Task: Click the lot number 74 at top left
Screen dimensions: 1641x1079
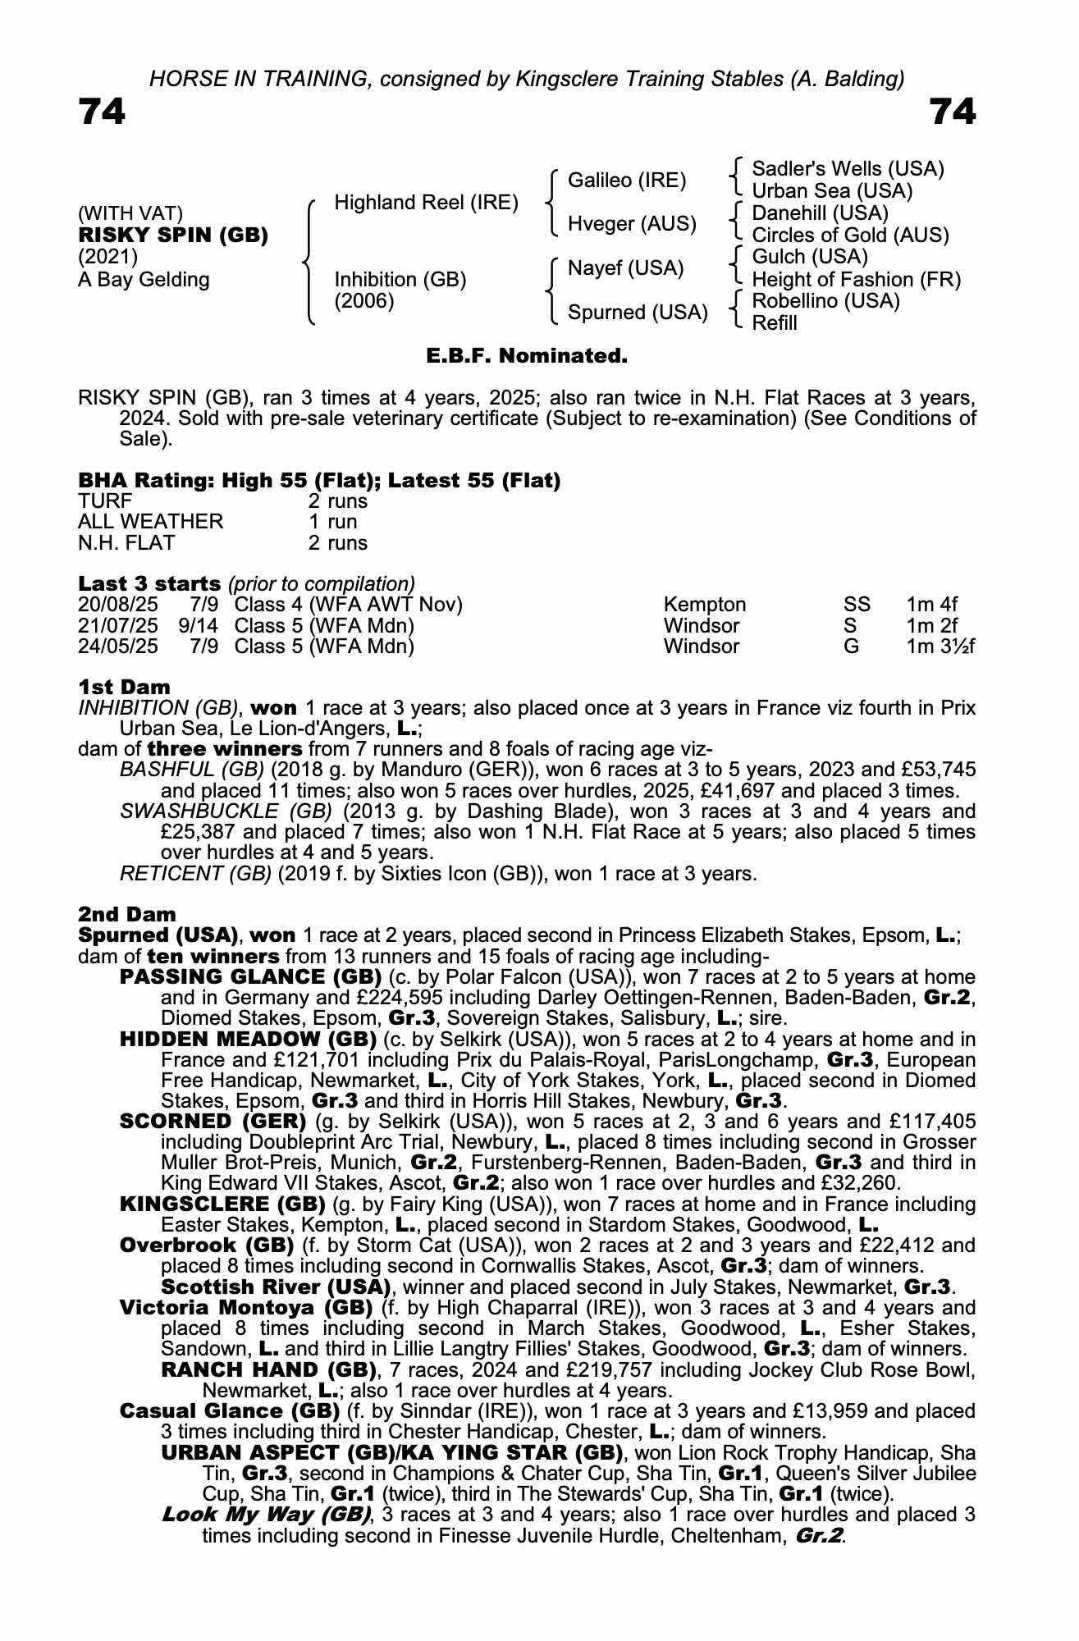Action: (103, 112)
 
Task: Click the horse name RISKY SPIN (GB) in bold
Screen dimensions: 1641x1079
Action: (173, 235)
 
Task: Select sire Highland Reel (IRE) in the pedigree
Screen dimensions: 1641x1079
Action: (426, 203)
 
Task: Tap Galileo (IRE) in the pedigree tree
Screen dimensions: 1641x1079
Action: (627, 181)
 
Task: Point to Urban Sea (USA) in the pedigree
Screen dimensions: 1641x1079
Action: (832, 191)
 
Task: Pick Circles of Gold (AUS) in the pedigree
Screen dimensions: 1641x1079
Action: (850, 235)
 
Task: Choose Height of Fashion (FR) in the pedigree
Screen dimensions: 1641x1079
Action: (856, 280)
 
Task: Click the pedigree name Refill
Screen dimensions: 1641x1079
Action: (775, 323)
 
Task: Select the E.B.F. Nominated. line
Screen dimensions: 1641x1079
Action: (527, 356)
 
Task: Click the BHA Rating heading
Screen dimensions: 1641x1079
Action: (319, 481)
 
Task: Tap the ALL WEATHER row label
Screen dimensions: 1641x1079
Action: (150, 522)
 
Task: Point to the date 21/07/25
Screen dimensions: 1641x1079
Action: (118, 626)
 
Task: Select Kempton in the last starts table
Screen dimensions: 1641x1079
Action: (704, 606)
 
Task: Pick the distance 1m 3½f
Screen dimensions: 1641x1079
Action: (940, 647)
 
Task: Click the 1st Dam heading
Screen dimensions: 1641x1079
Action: (124, 688)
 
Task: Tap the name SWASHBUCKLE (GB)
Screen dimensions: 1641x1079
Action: (226, 811)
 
